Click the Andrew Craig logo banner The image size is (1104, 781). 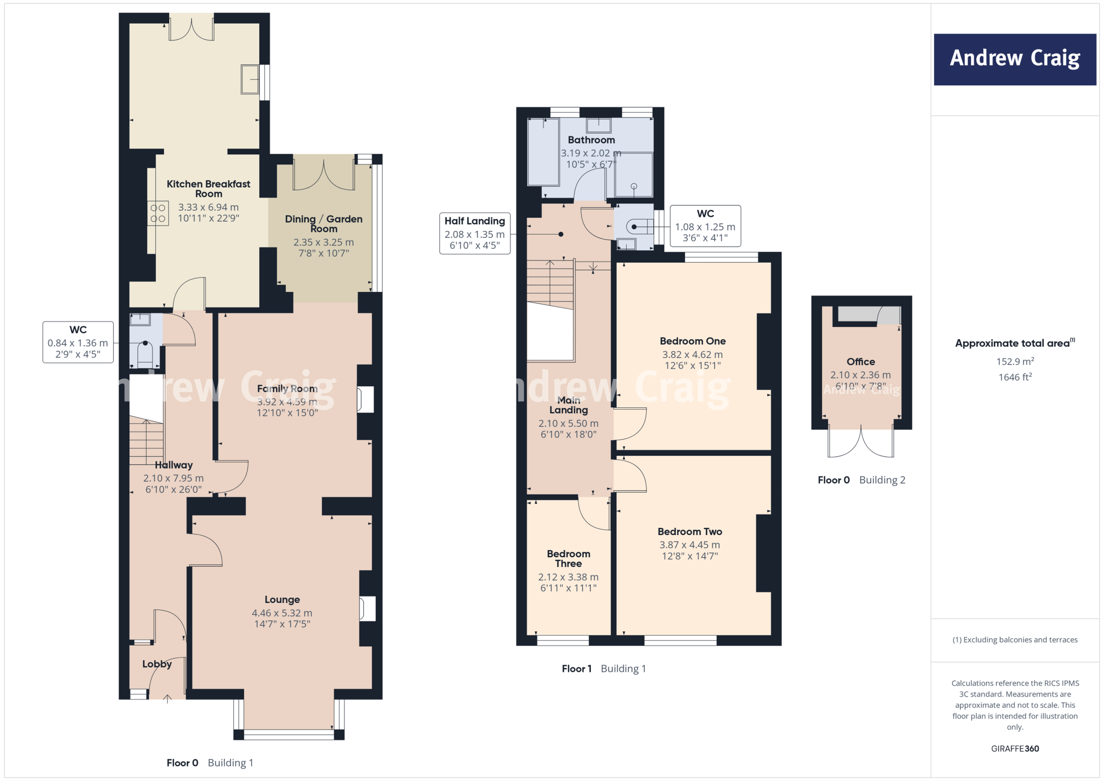(x=1015, y=59)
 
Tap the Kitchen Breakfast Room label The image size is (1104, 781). (x=209, y=188)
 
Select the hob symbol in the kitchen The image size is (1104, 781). (x=158, y=213)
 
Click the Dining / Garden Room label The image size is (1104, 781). (x=323, y=223)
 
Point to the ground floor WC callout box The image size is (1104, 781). (x=78, y=342)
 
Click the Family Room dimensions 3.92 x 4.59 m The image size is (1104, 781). (x=287, y=402)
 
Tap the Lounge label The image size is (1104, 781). (x=282, y=599)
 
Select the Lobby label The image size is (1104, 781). (x=157, y=664)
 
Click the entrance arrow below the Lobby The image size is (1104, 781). (x=168, y=698)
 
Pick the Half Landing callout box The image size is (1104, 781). (x=474, y=233)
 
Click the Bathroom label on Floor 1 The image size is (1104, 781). (x=591, y=140)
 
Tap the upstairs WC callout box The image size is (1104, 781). (x=705, y=226)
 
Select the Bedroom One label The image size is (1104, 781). (x=693, y=341)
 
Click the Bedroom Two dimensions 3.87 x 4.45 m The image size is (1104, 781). (x=689, y=545)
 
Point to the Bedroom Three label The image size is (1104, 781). (x=568, y=558)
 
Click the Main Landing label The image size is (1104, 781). (x=568, y=405)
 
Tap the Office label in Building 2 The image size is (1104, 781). (x=860, y=361)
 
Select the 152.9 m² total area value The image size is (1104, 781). (x=1015, y=361)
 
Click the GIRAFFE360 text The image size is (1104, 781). (x=1015, y=748)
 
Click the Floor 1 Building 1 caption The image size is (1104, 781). (x=603, y=668)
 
